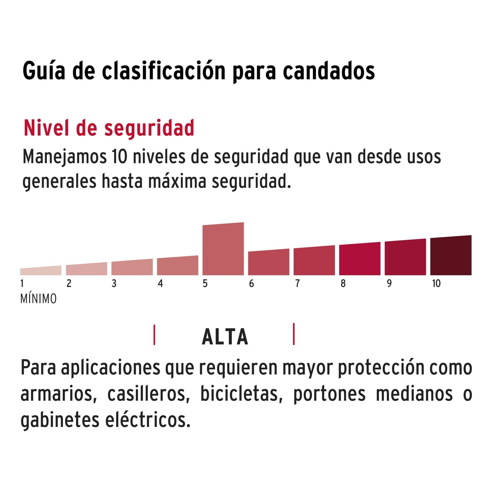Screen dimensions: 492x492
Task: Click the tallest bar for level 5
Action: click(223, 249)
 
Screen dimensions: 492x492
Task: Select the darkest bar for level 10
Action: click(451, 256)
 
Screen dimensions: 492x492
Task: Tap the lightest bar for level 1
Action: click(41, 271)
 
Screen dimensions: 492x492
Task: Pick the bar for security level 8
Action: click(360, 259)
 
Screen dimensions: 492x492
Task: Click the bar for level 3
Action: click(132, 268)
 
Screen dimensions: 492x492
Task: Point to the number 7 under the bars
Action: click(297, 284)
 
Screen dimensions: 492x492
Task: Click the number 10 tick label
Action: click(436, 284)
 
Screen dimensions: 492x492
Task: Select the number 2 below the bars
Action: click(69, 284)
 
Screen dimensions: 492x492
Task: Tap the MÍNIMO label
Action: click(38, 299)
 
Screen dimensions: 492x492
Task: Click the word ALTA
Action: click(225, 337)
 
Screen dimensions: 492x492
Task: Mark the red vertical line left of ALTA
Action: click(154, 335)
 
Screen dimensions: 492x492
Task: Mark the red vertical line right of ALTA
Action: click(293, 334)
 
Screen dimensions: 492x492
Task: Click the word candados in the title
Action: click(329, 71)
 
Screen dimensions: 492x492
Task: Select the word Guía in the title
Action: click(44, 71)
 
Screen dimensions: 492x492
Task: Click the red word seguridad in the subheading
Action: click(149, 129)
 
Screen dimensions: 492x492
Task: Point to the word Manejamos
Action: click(64, 157)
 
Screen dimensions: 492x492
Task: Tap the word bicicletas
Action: click(241, 394)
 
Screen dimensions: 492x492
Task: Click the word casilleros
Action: click(148, 394)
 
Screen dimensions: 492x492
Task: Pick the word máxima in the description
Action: click(177, 181)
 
